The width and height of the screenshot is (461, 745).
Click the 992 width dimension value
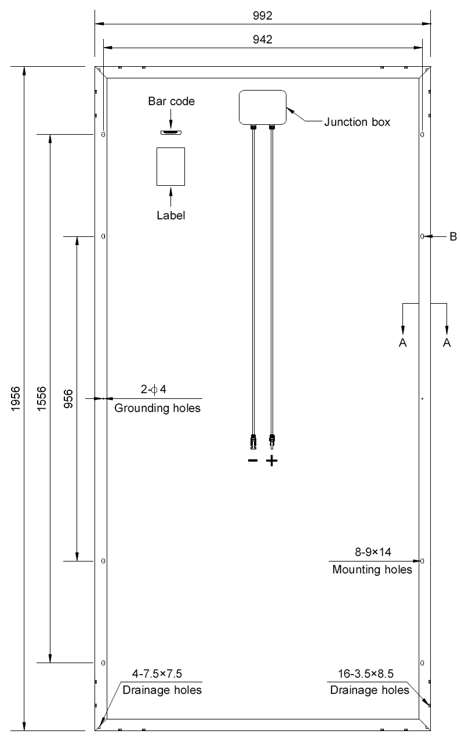[x=262, y=16]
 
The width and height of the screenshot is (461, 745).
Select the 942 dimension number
[x=262, y=39]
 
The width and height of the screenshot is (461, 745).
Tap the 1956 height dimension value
[x=16, y=398]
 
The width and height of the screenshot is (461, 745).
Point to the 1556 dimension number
[x=42, y=398]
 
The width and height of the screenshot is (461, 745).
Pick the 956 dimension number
[x=68, y=398]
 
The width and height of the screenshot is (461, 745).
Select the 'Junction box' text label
[x=357, y=122]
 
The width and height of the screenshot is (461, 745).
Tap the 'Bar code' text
[x=172, y=101]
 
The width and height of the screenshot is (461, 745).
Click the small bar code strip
[x=171, y=132]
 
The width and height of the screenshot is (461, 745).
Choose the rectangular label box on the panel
[x=170, y=148]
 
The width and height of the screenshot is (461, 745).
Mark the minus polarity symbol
[x=253, y=460]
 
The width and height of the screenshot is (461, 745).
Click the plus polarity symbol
[x=272, y=460]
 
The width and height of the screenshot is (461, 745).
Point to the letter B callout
[x=453, y=236]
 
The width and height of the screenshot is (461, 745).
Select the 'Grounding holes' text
[x=157, y=408]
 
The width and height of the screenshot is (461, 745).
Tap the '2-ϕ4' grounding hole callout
[x=154, y=389]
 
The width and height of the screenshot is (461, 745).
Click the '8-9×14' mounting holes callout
[x=373, y=552]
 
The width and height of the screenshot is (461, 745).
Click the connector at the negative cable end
[x=253, y=442]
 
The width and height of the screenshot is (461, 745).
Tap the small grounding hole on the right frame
[x=423, y=398]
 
